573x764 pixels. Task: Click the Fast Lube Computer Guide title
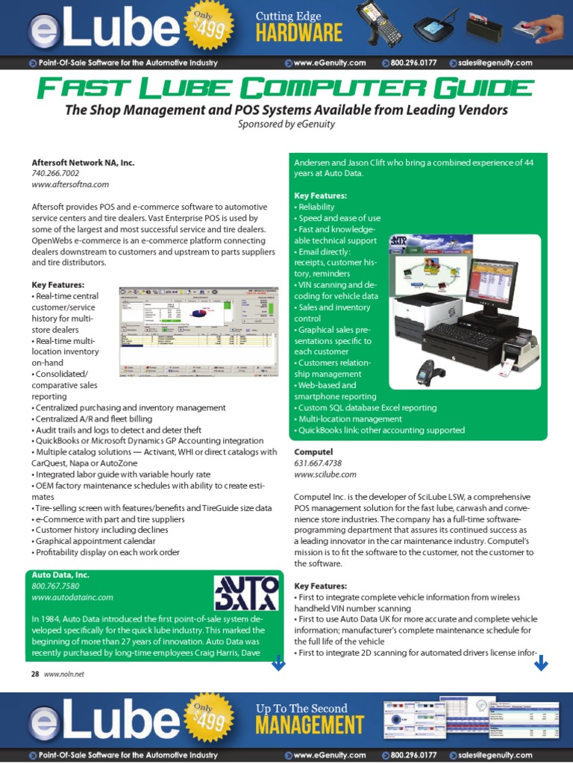(286, 90)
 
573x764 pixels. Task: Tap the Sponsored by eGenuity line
(286, 125)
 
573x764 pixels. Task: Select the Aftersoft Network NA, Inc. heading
(83, 162)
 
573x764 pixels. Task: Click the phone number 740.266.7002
(54, 173)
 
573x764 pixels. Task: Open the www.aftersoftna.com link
(70, 184)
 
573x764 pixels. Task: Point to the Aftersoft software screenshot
(201, 329)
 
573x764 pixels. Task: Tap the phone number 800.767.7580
(54, 586)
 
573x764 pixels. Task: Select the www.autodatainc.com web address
(72, 598)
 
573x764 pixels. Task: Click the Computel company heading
(313, 452)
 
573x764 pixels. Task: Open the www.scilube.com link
(325, 474)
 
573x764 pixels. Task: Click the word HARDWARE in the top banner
(299, 33)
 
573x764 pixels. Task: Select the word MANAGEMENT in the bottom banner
(310, 724)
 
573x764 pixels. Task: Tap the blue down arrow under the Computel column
(541, 662)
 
